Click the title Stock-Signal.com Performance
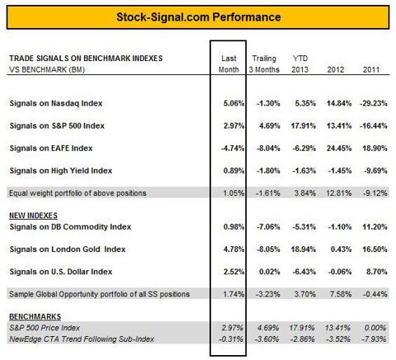click(199, 17)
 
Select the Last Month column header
click(229, 64)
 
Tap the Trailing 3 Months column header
click(264, 64)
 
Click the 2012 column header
click(336, 69)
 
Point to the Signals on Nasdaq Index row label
click(56, 103)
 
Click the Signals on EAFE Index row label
click(51, 149)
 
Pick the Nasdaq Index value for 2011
click(374, 103)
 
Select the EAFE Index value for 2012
click(339, 149)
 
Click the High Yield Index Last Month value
click(233, 171)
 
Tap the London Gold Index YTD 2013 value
click(304, 249)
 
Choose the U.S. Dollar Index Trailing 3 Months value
click(270, 272)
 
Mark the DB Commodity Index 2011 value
click(375, 227)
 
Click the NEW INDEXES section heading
click(33, 216)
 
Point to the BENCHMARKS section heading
click(35, 317)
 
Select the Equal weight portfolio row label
click(78, 193)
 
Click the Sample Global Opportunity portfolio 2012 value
click(341, 294)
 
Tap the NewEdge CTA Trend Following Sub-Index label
click(82, 339)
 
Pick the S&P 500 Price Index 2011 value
click(375, 328)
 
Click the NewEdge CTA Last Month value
click(231, 339)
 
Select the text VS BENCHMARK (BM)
click(47, 69)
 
